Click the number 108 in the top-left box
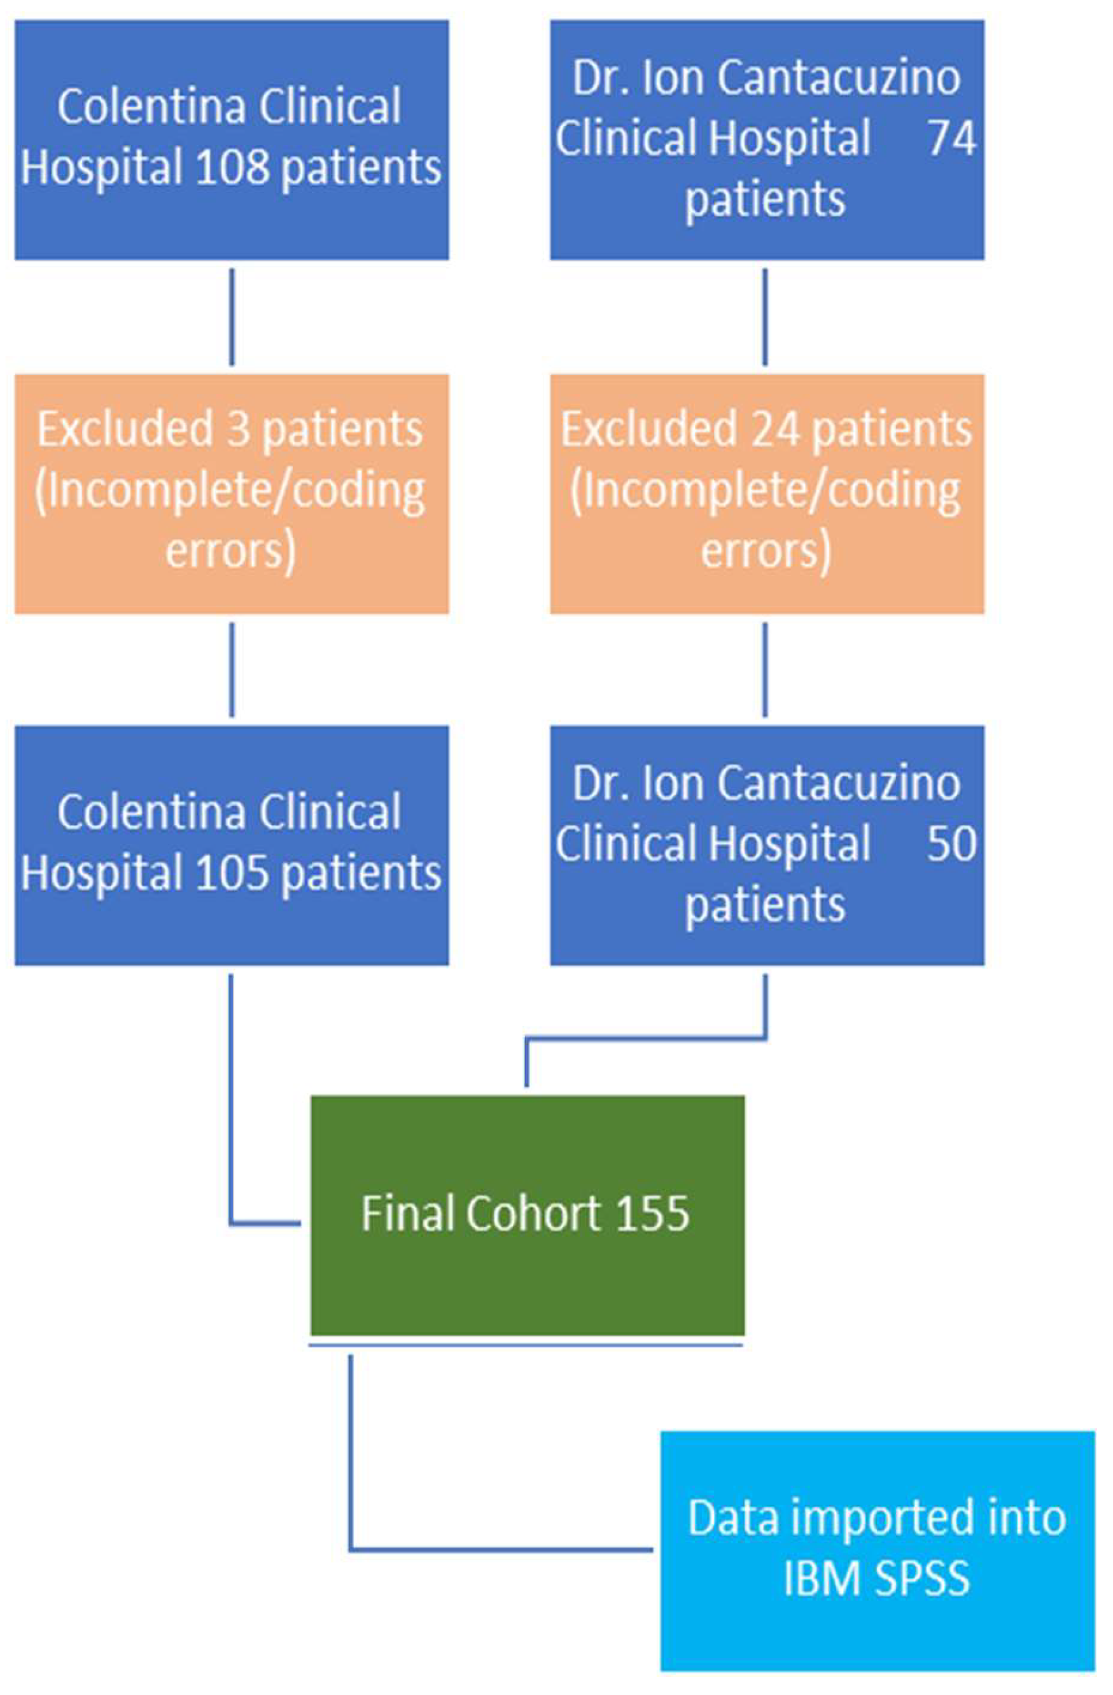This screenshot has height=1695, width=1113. tap(232, 167)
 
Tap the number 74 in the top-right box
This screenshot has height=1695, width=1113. tap(951, 137)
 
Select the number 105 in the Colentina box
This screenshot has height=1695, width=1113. tap(232, 873)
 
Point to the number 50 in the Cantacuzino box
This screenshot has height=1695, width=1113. tap(951, 843)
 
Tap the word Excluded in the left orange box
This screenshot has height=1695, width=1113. tap(125, 430)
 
